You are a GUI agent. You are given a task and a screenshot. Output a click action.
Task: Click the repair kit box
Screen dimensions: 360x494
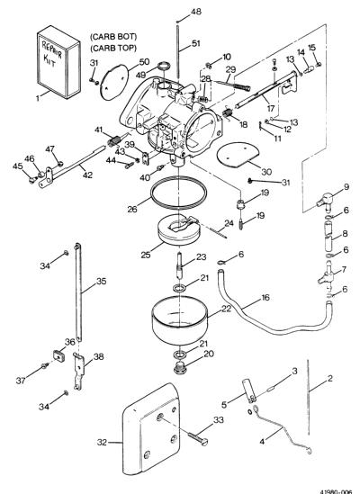(58, 62)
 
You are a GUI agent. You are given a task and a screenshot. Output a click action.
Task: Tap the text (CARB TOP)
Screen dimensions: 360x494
(113, 49)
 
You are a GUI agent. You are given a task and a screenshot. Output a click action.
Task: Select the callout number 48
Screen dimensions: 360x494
(196, 12)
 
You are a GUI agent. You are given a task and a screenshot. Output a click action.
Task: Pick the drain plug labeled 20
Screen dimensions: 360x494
(180, 367)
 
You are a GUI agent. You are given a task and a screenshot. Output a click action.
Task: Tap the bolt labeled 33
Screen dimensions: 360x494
(198, 438)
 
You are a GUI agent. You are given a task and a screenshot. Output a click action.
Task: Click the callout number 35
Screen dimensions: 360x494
(101, 281)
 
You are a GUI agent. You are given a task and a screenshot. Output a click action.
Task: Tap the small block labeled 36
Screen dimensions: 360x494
(58, 355)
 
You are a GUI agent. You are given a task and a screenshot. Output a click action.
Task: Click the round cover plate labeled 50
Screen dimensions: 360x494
(113, 82)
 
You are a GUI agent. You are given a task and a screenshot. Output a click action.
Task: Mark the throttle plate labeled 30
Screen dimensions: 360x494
(238, 155)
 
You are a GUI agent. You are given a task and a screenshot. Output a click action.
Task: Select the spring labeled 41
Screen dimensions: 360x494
(113, 140)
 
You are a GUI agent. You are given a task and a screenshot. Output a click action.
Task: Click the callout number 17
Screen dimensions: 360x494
(271, 108)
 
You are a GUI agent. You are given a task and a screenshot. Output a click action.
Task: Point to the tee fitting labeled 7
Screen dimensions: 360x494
(326, 274)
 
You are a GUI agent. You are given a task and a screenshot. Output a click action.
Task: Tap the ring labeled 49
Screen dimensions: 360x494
(164, 67)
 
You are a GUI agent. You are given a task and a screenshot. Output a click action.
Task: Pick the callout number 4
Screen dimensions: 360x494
(262, 442)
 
